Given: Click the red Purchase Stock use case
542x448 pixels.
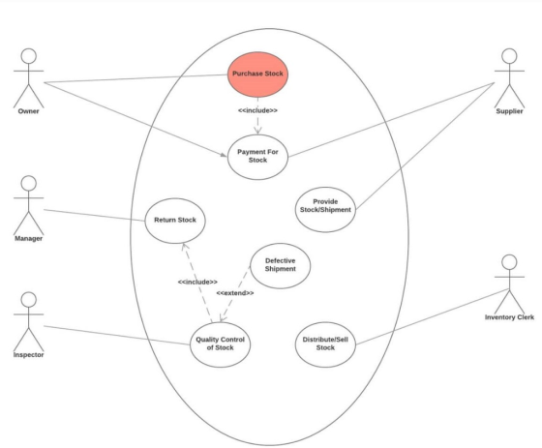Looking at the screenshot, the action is pos(257,75).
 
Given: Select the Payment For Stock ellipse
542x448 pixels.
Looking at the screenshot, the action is pos(257,158).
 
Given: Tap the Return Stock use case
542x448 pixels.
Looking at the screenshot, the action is pos(175,221).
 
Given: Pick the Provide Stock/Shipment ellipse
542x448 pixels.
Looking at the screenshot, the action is pos(325,209).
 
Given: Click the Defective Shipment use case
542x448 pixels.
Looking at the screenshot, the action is pos(280,266).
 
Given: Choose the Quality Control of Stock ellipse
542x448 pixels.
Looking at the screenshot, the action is pos(221,344).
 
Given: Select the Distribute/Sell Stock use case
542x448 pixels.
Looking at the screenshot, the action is pos(325,344).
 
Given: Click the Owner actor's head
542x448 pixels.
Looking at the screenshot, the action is pos(29,56).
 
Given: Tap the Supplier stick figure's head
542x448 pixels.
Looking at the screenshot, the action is pos(509,56).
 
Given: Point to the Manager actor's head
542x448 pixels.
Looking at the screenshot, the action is pos(29,183).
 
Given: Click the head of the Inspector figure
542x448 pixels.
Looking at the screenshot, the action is pos(29,300).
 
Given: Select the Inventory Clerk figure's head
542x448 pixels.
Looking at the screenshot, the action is pos(509,262).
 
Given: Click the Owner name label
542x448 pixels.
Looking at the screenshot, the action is pos(28,111).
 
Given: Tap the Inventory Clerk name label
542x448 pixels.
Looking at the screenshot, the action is pos(509,317).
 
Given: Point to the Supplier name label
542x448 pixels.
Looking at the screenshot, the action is pos(509,111).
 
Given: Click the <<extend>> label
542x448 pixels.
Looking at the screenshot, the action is pos(235,293).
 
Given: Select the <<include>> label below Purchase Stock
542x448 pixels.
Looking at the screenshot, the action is pos(257,110).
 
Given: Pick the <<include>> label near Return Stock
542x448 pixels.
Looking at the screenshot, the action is pos(197,283).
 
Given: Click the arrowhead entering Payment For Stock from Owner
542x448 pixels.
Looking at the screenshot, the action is pos(224,155).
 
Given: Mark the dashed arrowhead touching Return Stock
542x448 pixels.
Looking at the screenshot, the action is pos(185,247).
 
